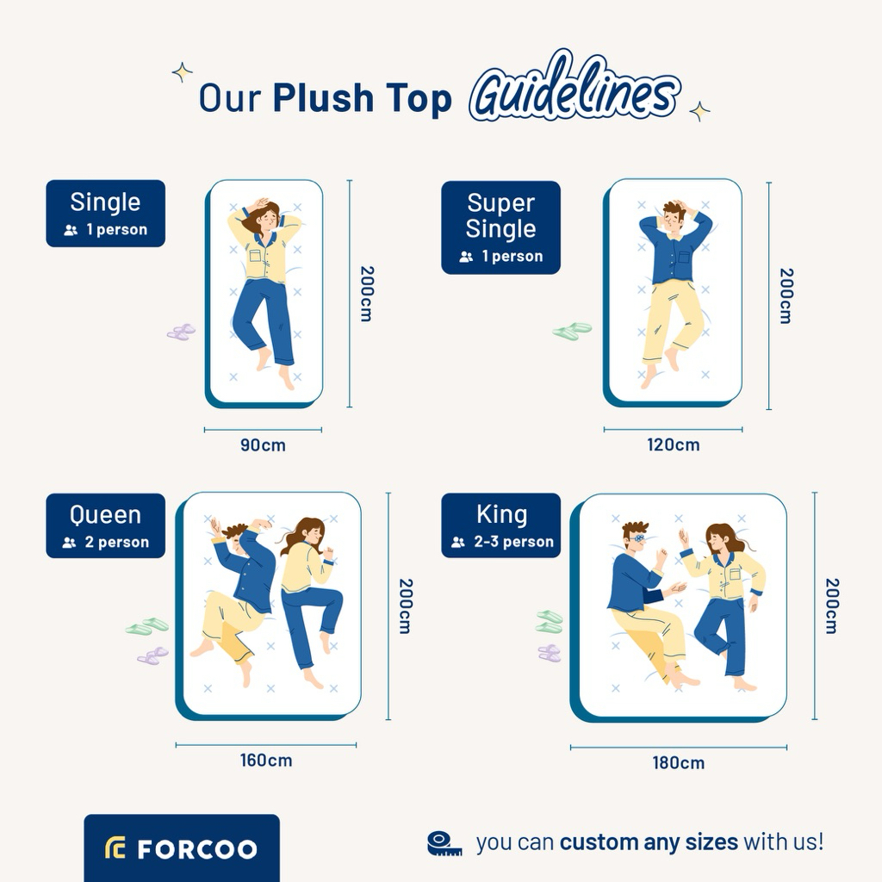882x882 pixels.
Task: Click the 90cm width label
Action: point(263,445)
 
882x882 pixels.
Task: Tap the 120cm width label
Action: point(674,445)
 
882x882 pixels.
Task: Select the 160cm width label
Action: point(266,761)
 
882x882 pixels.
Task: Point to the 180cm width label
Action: point(679,763)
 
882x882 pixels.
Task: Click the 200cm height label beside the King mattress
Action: point(832,606)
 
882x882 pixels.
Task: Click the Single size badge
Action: point(106,214)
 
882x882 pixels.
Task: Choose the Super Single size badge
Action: point(500,227)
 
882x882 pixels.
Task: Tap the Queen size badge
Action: point(106,526)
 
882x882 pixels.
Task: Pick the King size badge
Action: point(501,525)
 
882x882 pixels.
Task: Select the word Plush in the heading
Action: point(323,98)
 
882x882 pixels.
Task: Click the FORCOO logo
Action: point(182,848)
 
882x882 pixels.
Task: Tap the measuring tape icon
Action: point(444,843)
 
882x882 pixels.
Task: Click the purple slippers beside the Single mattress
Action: point(181,332)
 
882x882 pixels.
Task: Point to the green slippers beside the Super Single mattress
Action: point(572,331)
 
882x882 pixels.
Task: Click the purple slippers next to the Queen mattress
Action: point(153,655)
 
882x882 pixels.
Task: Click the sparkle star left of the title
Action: point(183,72)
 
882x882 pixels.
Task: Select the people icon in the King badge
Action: point(458,543)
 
